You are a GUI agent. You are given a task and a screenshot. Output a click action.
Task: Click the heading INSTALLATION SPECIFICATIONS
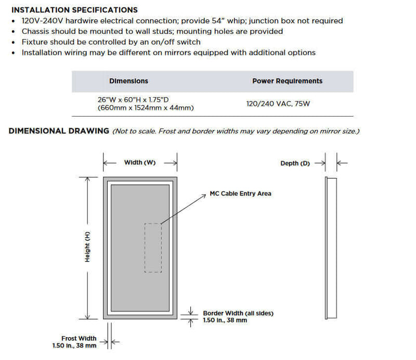pyautogui.click(x=74, y=10)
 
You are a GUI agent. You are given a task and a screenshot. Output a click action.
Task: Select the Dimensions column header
pyautogui.click(x=128, y=81)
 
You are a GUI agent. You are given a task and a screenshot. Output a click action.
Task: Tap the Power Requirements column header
pyautogui.click(x=287, y=81)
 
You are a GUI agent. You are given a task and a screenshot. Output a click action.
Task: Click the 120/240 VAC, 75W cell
pyautogui.click(x=278, y=104)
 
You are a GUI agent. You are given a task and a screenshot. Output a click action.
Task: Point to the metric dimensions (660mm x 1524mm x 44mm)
pyautogui.click(x=146, y=108)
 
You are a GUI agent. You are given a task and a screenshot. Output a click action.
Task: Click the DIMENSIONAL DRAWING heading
pyautogui.click(x=59, y=131)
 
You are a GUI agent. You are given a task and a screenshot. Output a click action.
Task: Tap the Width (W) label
pyautogui.click(x=140, y=163)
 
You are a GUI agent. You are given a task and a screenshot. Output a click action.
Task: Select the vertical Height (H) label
pyautogui.click(x=88, y=247)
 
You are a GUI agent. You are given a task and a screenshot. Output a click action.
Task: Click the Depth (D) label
pyautogui.click(x=295, y=163)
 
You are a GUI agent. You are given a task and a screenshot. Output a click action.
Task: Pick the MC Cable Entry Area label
pyautogui.click(x=240, y=194)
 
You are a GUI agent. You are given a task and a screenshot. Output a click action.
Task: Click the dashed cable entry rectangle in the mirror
pyautogui.click(x=153, y=248)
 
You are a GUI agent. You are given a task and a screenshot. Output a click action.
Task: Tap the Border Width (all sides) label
pyautogui.click(x=238, y=313)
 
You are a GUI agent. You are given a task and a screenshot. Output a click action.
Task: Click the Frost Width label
pyautogui.click(x=79, y=338)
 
